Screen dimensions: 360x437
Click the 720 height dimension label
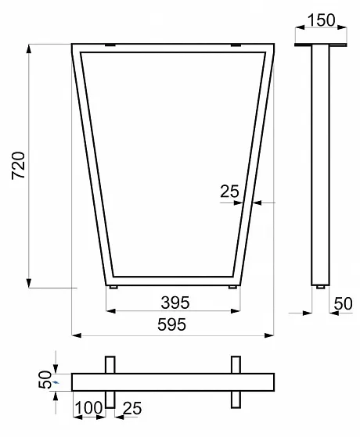19,165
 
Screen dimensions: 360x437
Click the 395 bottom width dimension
175,303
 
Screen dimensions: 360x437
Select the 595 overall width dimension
171,324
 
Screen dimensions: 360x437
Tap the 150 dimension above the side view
321,20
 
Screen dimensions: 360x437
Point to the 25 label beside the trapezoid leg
229,192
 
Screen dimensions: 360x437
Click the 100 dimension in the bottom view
88,408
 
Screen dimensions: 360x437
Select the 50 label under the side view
344,303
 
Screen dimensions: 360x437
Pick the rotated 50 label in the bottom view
45,379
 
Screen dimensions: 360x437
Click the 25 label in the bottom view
132,408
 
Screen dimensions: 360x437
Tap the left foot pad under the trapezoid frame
113,287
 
